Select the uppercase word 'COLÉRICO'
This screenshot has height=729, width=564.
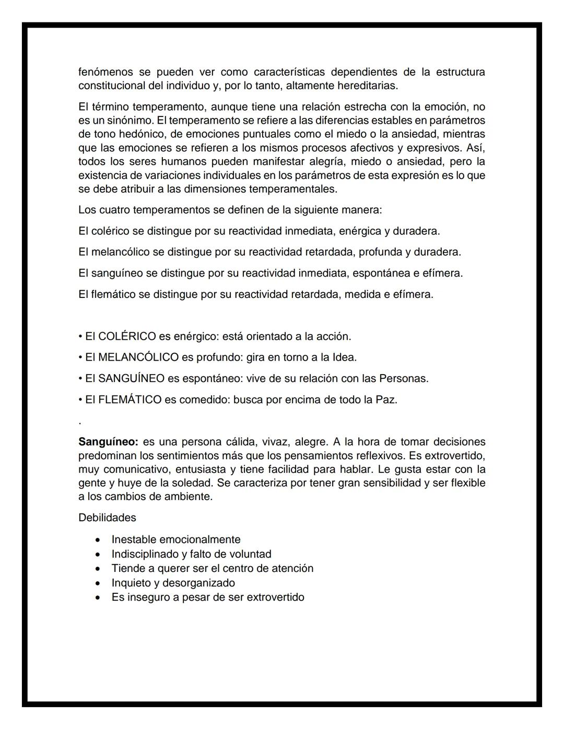(x=127, y=337)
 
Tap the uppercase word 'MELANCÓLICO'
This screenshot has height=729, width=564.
(x=138, y=357)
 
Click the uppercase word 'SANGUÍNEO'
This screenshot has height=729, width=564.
(x=131, y=379)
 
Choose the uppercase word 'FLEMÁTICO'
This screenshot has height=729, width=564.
(x=130, y=400)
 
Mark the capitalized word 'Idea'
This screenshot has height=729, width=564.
(x=344, y=357)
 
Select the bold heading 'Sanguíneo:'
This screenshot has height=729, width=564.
(x=108, y=442)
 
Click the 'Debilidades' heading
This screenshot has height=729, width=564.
(x=107, y=518)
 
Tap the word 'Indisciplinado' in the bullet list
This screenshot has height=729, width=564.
(x=145, y=554)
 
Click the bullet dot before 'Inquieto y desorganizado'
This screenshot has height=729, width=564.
(x=98, y=583)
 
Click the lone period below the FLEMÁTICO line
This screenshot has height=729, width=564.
(x=79, y=422)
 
